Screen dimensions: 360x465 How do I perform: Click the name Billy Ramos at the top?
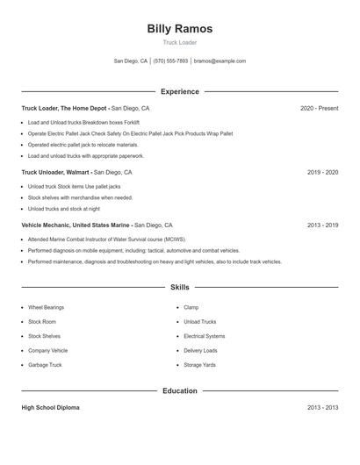point(179,28)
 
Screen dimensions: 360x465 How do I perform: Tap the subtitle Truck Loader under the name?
point(179,42)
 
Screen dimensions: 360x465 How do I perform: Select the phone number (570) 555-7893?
point(170,61)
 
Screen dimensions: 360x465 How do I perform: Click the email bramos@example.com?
point(220,61)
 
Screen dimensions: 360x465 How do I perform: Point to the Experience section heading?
point(179,91)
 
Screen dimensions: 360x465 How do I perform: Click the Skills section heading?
point(179,287)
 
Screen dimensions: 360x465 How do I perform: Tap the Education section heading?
point(179,390)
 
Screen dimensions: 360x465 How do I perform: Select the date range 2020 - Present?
point(319,108)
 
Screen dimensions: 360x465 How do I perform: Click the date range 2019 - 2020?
point(322,173)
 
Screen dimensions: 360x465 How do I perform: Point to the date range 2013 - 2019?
point(322,225)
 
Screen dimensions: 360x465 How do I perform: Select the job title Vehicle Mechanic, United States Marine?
point(76,225)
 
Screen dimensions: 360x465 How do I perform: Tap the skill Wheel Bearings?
point(46,308)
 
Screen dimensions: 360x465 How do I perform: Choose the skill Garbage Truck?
point(44,365)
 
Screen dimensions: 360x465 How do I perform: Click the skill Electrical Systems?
point(204,336)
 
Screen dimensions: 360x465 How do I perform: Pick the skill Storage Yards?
point(199,365)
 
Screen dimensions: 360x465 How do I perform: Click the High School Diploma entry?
point(50,408)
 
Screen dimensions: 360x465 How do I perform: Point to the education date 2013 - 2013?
point(322,408)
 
